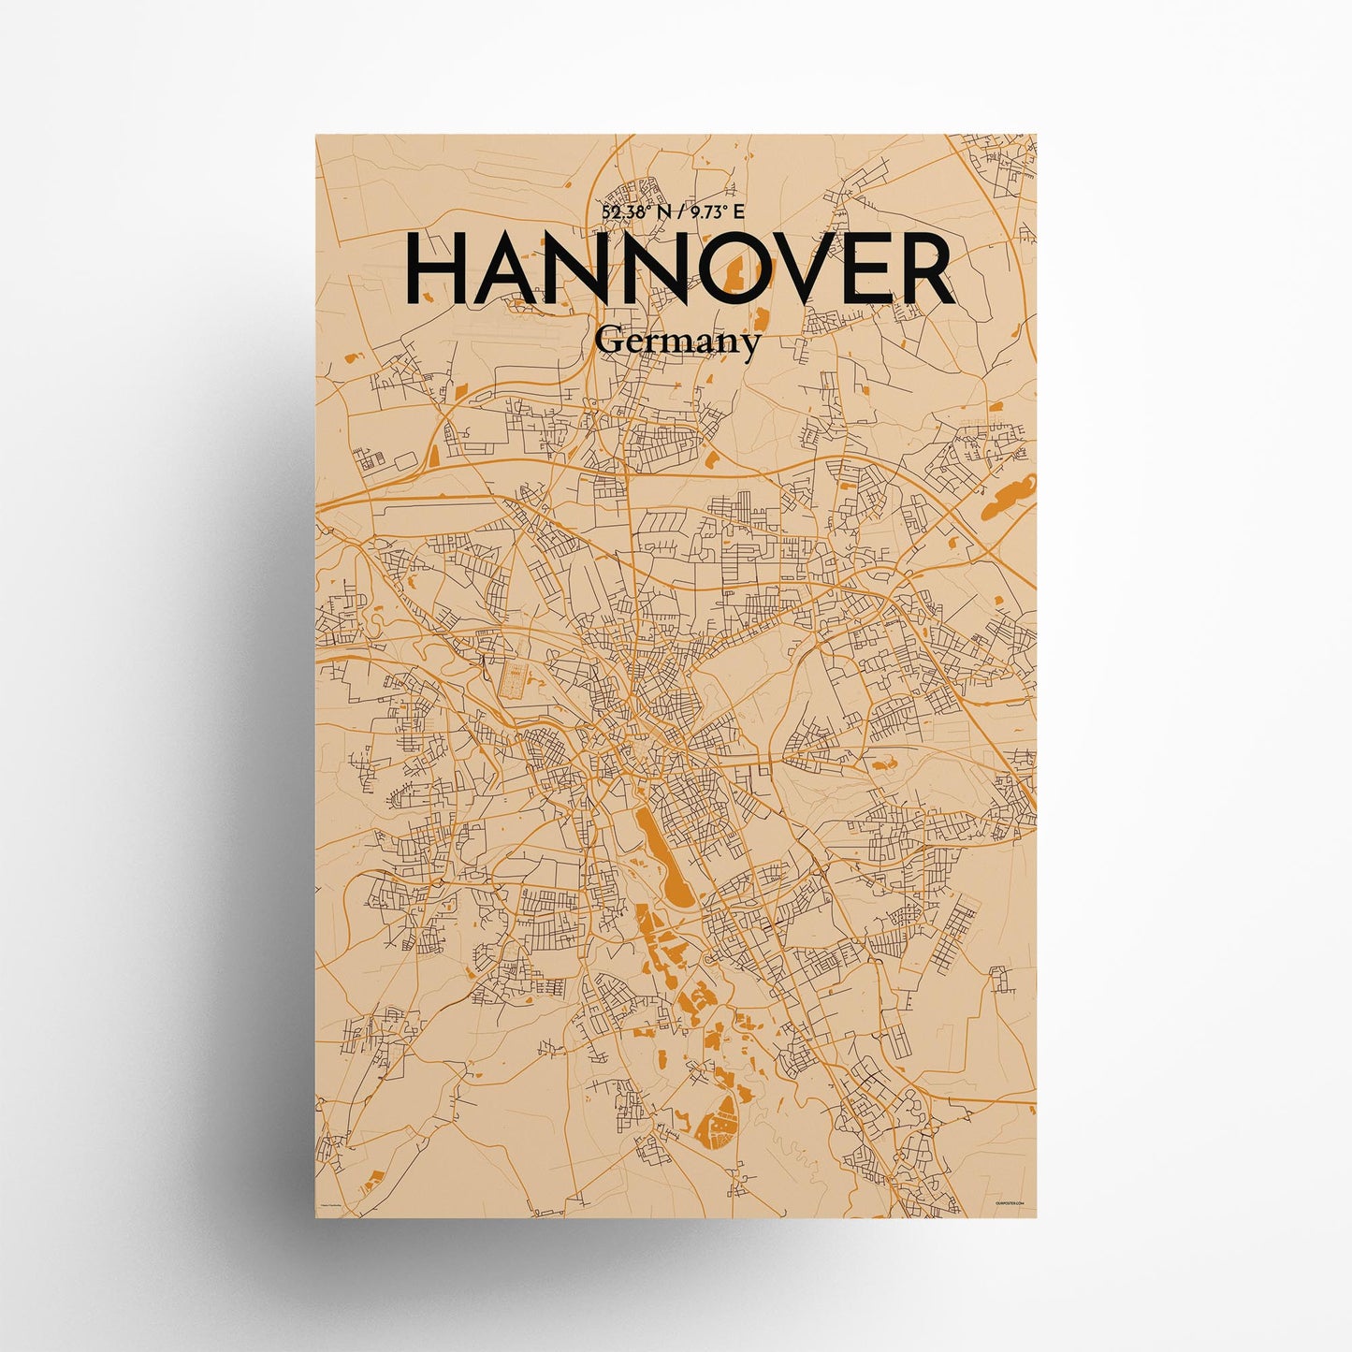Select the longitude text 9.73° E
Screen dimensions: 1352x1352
(x=718, y=212)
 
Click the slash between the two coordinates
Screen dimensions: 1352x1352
(x=685, y=212)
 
